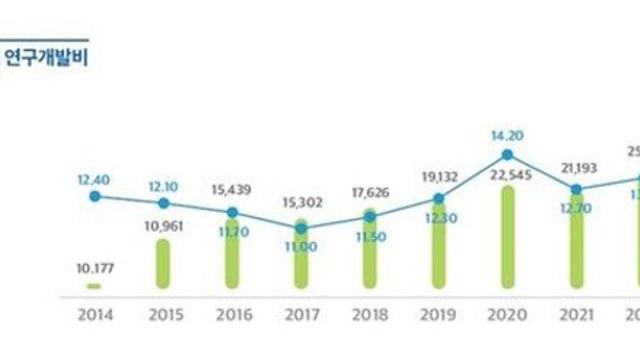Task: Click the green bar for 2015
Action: tap(163, 264)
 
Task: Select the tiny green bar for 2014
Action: tap(94, 286)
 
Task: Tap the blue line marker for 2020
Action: tap(508, 155)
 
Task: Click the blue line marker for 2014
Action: tap(94, 196)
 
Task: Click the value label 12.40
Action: tap(94, 178)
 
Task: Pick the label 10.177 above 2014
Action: tap(94, 268)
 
